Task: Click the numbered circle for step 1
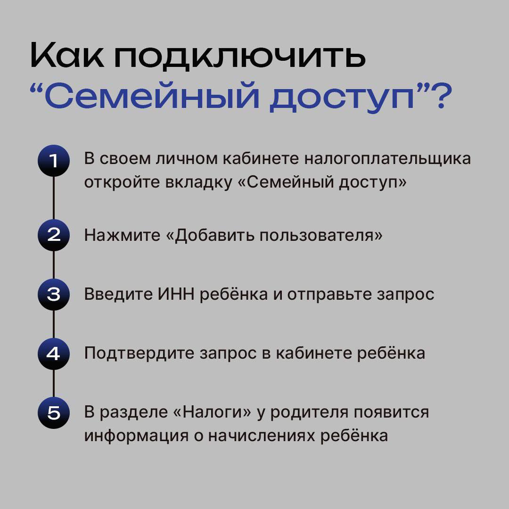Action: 54,161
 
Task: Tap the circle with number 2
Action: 54,235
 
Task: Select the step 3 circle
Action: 54,295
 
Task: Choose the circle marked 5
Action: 54,413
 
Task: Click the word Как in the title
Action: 67,55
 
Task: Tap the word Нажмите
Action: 122,235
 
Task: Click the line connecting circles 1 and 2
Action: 54,198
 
